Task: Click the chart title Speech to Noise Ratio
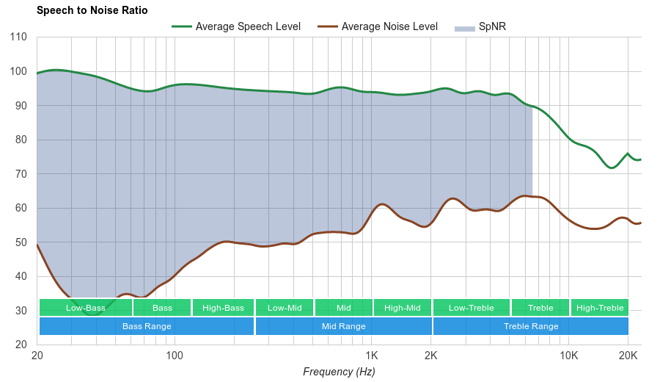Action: [x=92, y=10]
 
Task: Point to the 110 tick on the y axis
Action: [x=19, y=37]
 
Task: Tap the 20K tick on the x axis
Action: [x=627, y=356]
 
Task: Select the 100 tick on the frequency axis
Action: [x=174, y=356]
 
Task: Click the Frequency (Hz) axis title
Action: [x=339, y=372]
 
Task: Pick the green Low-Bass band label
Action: [x=85, y=308]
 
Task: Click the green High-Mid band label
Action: [x=403, y=308]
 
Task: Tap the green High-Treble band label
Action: [x=600, y=308]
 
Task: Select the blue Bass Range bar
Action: [x=147, y=326]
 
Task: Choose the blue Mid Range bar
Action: [x=343, y=326]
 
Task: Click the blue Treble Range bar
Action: [x=531, y=326]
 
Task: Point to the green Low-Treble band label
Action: [x=471, y=308]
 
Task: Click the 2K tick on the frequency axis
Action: [x=430, y=356]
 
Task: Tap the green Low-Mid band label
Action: [x=285, y=308]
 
